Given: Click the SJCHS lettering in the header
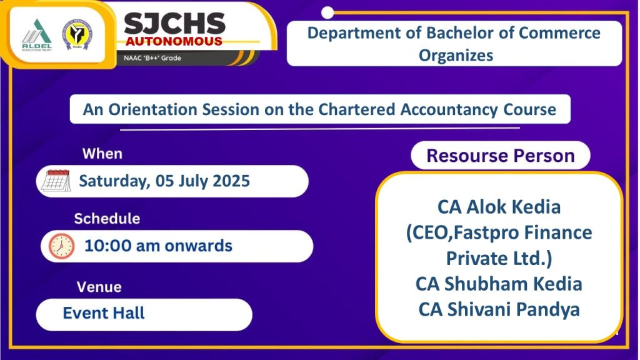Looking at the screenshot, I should click(x=174, y=23).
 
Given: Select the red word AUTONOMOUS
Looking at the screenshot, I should click(x=173, y=41).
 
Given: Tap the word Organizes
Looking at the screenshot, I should click(x=456, y=55).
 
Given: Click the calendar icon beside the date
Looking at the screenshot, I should click(x=56, y=181).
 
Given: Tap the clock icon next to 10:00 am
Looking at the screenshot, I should click(x=61, y=246).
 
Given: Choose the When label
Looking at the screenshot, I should click(x=102, y=153).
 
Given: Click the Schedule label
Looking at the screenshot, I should click(x=107, y=219).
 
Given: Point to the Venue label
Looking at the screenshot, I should click(x=99, y=287).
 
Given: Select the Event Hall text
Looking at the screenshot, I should click(x=104, y=312).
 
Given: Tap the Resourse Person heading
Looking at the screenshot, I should click(x=500, y=156).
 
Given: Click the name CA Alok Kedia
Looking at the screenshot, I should click(x=499, y=207).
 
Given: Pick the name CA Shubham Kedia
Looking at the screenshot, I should click(x=499, y=284).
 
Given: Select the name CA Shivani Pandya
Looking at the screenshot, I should click(x=499, y=309).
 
